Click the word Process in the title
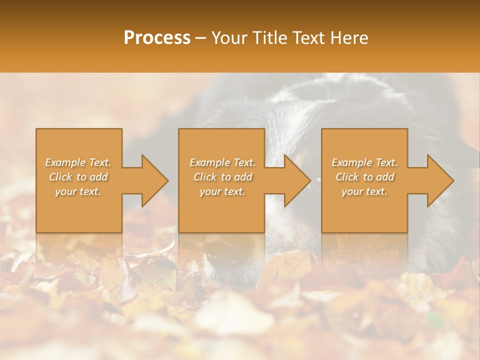(x=157, y=38)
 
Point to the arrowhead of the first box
(x=152, y=180)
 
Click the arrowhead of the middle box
(x=295, y=180)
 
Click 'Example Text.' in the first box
(x=78, y=162)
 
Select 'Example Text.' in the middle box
(x=222, y=162)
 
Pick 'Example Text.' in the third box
(x=364, y=162)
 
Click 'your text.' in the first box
(x=78, y=191)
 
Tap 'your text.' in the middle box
(x=222, y=191)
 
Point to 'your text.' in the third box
(x=364, y=191)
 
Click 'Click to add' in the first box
(x=78, y=177)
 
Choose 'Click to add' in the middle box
(x=222, y=177)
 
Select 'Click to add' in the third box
(x=364, y=177)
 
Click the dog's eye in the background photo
(x=311, y=184)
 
